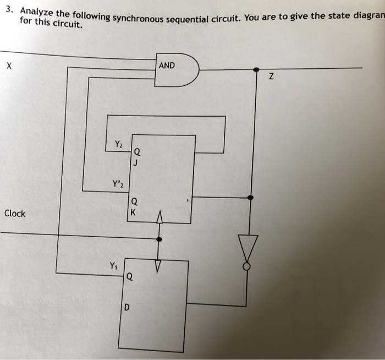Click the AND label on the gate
click(x=167, y=66)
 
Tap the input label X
click(x=8, y=67)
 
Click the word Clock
click(x=14, y=214)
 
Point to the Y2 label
click(x=119, y=145)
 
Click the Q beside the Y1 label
click(x=129, y=277)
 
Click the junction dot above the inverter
click(x=251, y=197)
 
